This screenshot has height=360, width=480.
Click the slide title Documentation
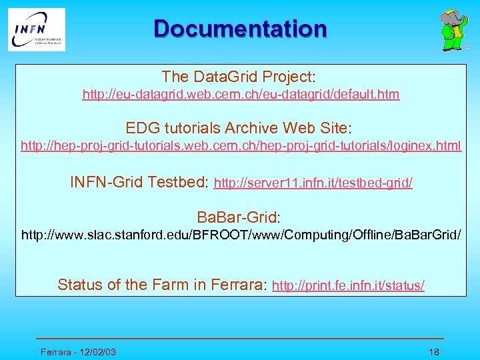pos(240,29)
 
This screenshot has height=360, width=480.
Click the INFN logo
pos(37,29)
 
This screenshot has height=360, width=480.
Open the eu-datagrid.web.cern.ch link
pos(241,95)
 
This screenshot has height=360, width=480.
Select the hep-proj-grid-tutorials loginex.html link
pos(241,146)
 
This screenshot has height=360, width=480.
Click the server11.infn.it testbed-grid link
pos(313,183)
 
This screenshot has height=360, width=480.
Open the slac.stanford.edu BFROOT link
pos(241,235)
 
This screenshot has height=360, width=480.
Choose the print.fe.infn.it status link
pos(349,286)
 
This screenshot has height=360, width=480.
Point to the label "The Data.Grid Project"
pos(237,77)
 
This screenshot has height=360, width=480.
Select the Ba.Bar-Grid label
pos(238,217)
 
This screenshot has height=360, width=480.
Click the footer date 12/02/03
pos(96,352)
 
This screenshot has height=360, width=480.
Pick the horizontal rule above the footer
pos(240,339)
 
